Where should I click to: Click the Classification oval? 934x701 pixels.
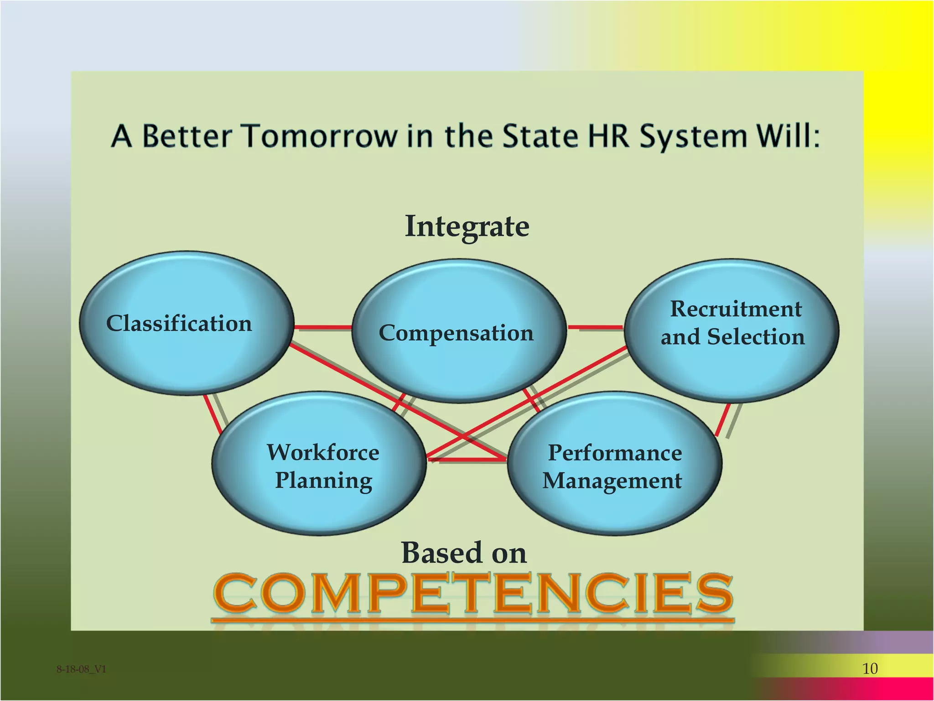(186, 323)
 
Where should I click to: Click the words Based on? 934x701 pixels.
(464, 553)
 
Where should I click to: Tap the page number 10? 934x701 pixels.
(870, 669)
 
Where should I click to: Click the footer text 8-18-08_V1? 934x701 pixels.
(81, 669)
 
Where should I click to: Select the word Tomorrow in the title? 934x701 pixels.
(319, 136)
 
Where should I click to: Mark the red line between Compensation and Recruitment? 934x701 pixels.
(596, 327)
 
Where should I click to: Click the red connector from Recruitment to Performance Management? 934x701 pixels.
(723, 419)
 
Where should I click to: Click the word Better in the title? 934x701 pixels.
(187, 136)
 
